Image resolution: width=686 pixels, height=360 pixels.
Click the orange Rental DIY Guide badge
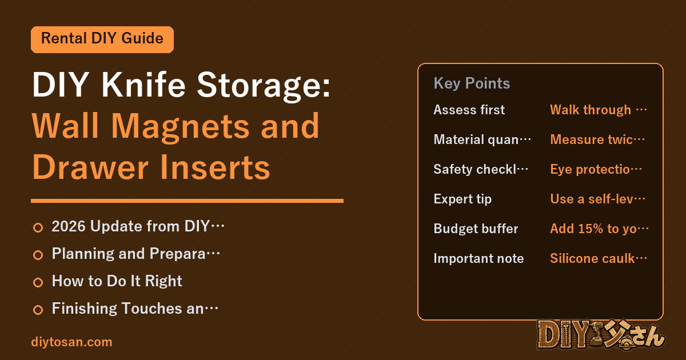point(102,39)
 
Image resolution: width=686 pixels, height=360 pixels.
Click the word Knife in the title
point(143,85)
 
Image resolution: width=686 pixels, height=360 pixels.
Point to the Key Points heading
point(472,83)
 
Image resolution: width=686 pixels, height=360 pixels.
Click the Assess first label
point(469,110)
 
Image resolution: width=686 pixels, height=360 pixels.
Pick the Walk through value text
point(599,110)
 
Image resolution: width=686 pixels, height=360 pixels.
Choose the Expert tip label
point(462,199)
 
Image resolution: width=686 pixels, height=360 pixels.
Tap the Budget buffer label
point(476,229)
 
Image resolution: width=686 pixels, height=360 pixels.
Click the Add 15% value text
point(599,229)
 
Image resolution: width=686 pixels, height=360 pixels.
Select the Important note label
point(478,258)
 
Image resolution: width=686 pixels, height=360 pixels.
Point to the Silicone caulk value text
point(599,258)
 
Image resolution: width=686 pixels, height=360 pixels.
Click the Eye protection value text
point(596,169)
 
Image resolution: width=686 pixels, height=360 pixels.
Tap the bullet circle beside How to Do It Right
point(38,282)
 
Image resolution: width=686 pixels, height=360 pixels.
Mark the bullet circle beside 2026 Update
point(38,228)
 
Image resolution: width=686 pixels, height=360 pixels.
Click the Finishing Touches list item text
point(135,308)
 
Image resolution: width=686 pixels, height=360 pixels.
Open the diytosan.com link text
point(71,342)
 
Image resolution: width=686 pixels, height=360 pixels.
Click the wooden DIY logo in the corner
point(601,335)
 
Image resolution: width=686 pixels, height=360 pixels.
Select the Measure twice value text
point(597,139)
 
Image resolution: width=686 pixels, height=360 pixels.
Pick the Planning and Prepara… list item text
point(135,254)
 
